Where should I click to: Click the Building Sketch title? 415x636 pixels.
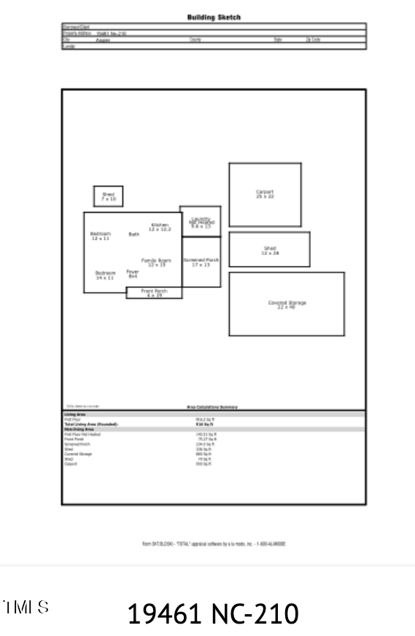point(213,17)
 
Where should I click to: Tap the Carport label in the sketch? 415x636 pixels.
point(265,194)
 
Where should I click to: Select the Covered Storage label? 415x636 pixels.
point(287,304)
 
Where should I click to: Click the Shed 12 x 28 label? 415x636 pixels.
point(270,250)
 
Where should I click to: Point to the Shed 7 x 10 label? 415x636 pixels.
point(108,196)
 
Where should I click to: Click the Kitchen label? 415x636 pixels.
point(160,227)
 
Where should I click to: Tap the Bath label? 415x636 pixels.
point(134,234)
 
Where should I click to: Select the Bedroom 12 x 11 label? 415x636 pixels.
point(100,235)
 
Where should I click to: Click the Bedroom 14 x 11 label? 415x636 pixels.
point(105,275)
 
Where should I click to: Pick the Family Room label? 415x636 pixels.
point(156,262)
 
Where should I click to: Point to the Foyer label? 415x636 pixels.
point(133,274)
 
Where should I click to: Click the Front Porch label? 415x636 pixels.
point(154,293)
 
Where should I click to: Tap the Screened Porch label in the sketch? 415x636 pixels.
point(201,262)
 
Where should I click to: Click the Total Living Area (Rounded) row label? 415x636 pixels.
point(91,424)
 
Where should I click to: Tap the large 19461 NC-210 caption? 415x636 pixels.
point(213,613)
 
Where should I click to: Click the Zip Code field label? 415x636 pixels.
point(313,39)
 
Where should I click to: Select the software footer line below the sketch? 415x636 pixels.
point(213,543)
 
